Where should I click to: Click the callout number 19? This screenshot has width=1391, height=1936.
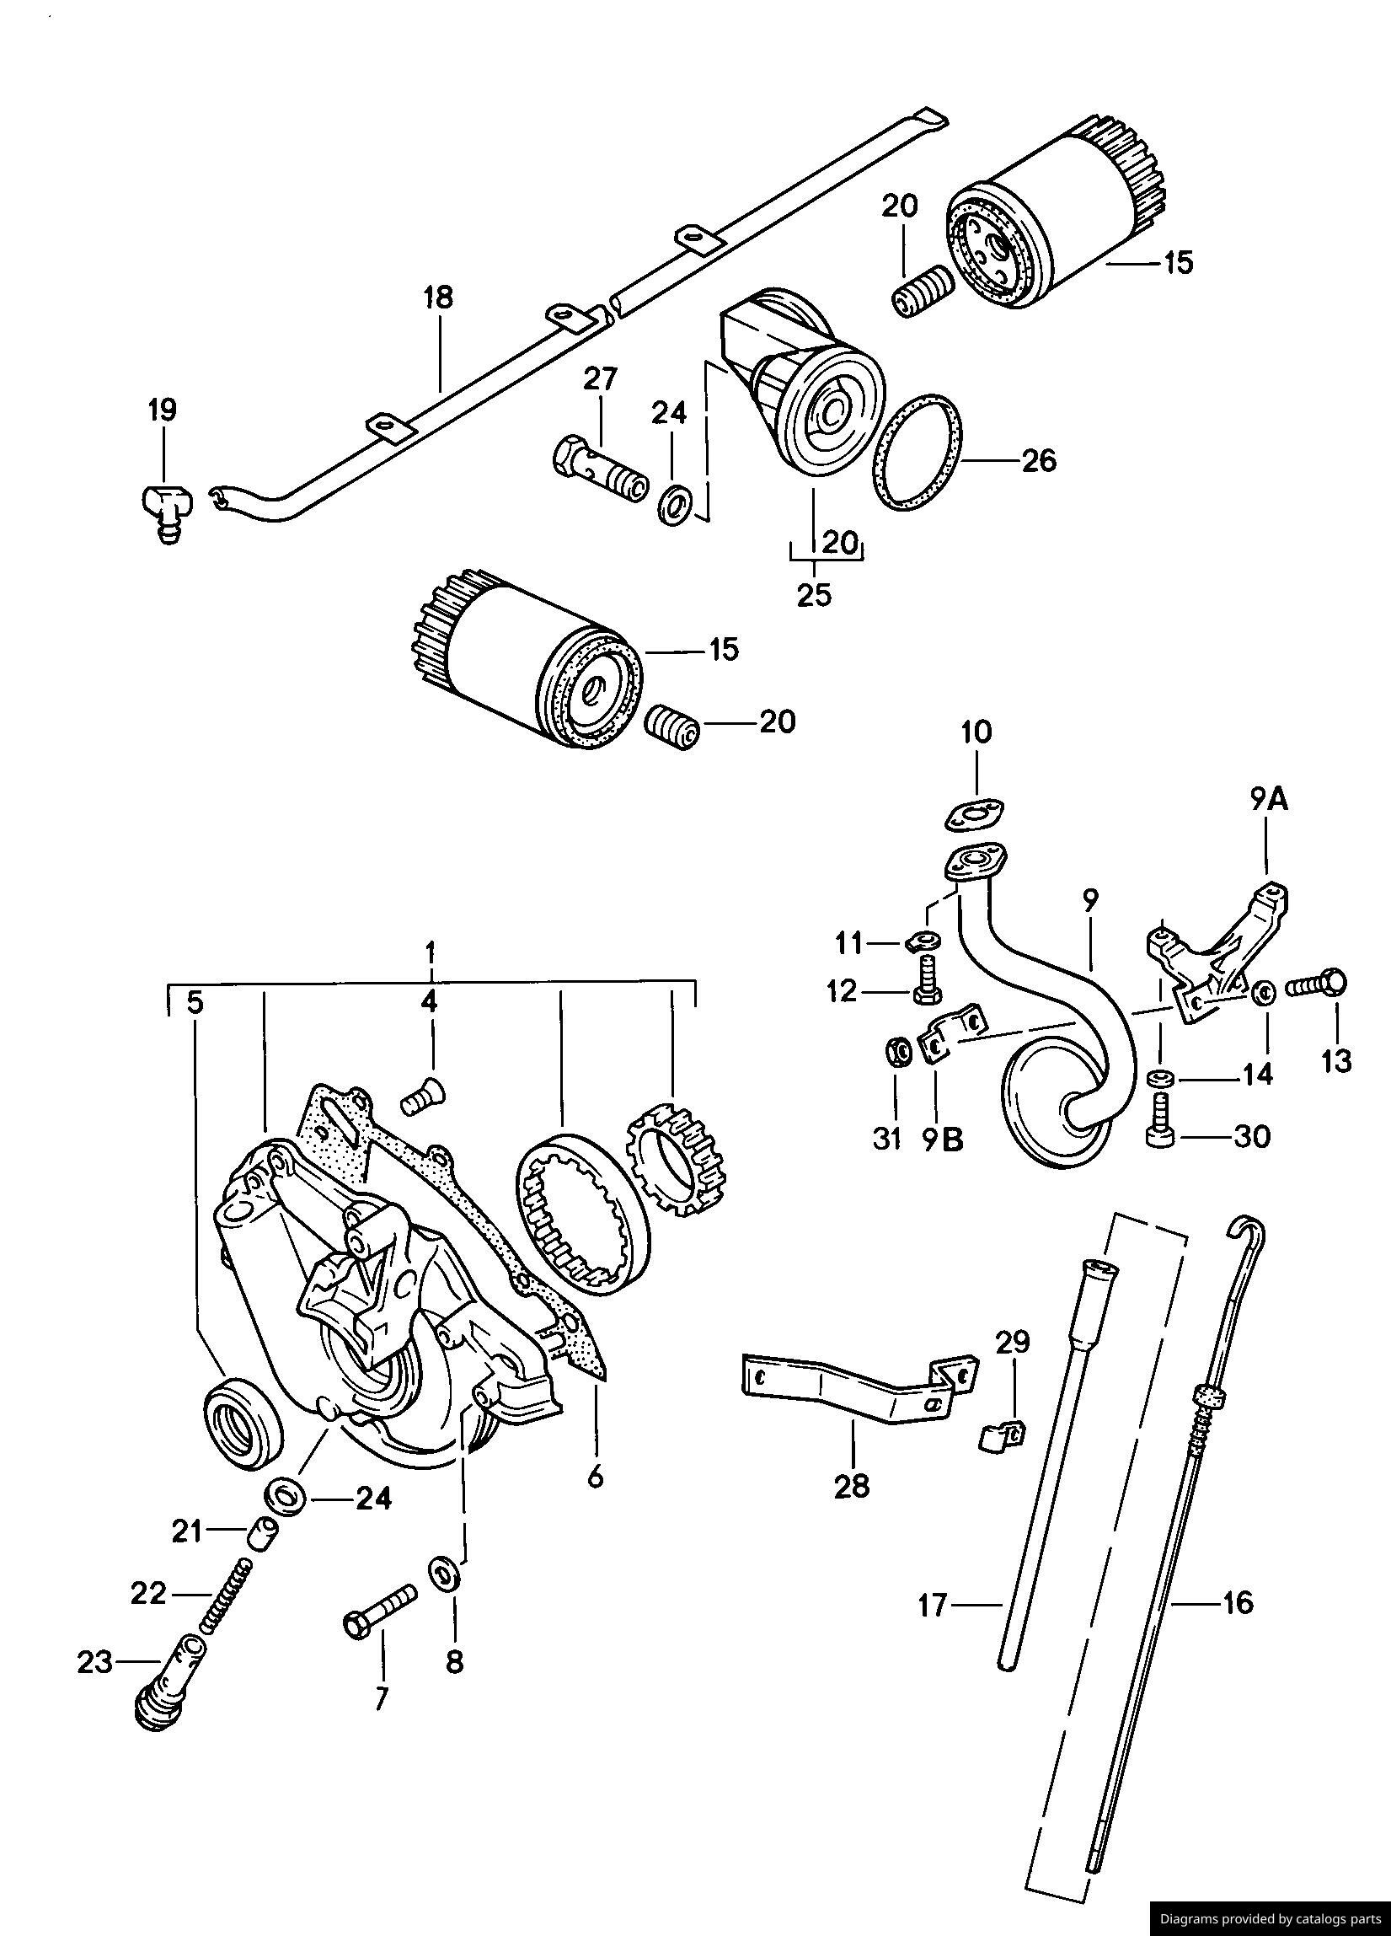(x=162, y=410)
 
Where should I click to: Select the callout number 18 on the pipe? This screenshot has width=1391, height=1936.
(x=439, y=298)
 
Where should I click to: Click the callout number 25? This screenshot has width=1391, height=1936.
(x=814, y=594)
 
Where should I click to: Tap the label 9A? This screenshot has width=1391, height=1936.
(x=1269, y=799)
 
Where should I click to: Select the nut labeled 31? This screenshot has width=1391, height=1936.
(x=896, y=1054)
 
